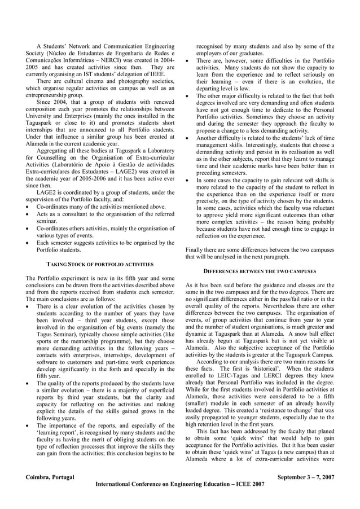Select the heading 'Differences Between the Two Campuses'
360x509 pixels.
coord(260,271)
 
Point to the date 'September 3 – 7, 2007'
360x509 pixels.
coord(306,477)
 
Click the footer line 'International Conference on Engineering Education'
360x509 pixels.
coord(180,484)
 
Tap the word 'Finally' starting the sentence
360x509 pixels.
coord(195,249)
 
